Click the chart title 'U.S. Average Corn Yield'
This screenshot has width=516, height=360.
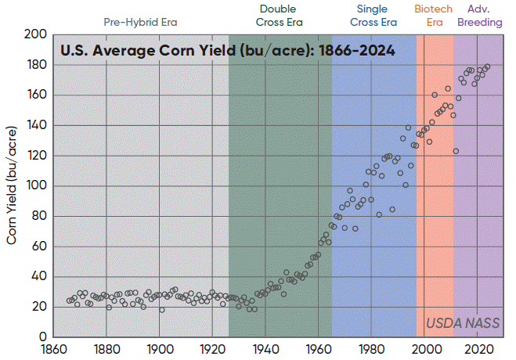point(228,51)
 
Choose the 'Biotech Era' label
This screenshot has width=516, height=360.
point(434,16)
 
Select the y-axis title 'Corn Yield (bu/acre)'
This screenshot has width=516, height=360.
point(13,186)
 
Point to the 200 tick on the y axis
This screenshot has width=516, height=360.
point(34,34)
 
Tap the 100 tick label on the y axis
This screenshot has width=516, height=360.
point(34,186)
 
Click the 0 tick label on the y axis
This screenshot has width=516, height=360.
point(41,337)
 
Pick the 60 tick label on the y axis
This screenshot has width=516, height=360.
point(38,247)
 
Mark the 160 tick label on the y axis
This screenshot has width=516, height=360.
point(34,95)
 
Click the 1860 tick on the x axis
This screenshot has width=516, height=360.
point(53,350)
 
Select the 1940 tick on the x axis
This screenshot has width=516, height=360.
point(266,350)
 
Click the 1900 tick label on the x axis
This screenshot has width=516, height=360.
point(160,350)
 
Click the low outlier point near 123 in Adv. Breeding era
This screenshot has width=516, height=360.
point(456,151)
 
